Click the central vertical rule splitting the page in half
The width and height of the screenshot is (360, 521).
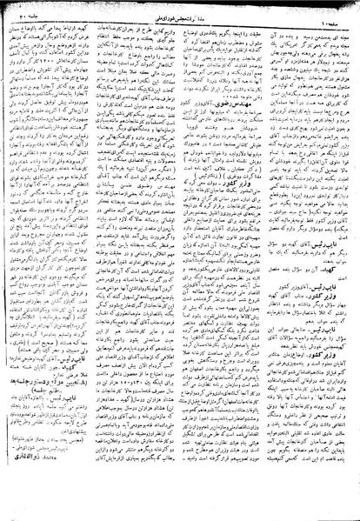click(x=180, y=261)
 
